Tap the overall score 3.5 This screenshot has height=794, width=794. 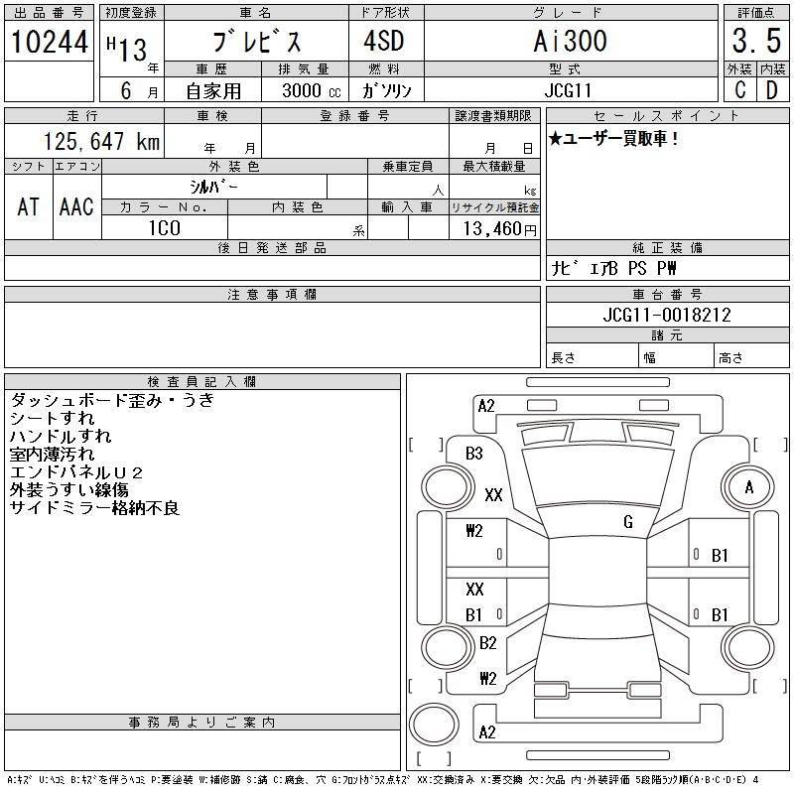753,43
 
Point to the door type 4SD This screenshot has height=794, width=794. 376,42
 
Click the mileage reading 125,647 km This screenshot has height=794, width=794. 102,142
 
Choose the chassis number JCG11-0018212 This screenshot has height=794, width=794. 667,315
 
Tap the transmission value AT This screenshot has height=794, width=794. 28,206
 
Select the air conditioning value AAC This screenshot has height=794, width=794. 76,206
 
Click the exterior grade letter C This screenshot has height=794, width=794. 739,90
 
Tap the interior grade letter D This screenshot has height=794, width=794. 771,90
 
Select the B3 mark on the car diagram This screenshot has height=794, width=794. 474,454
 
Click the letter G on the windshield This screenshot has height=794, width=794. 628,521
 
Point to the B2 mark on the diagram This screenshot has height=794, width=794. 487,643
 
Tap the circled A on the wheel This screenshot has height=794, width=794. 749,487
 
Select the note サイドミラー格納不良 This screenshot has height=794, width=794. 94,508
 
